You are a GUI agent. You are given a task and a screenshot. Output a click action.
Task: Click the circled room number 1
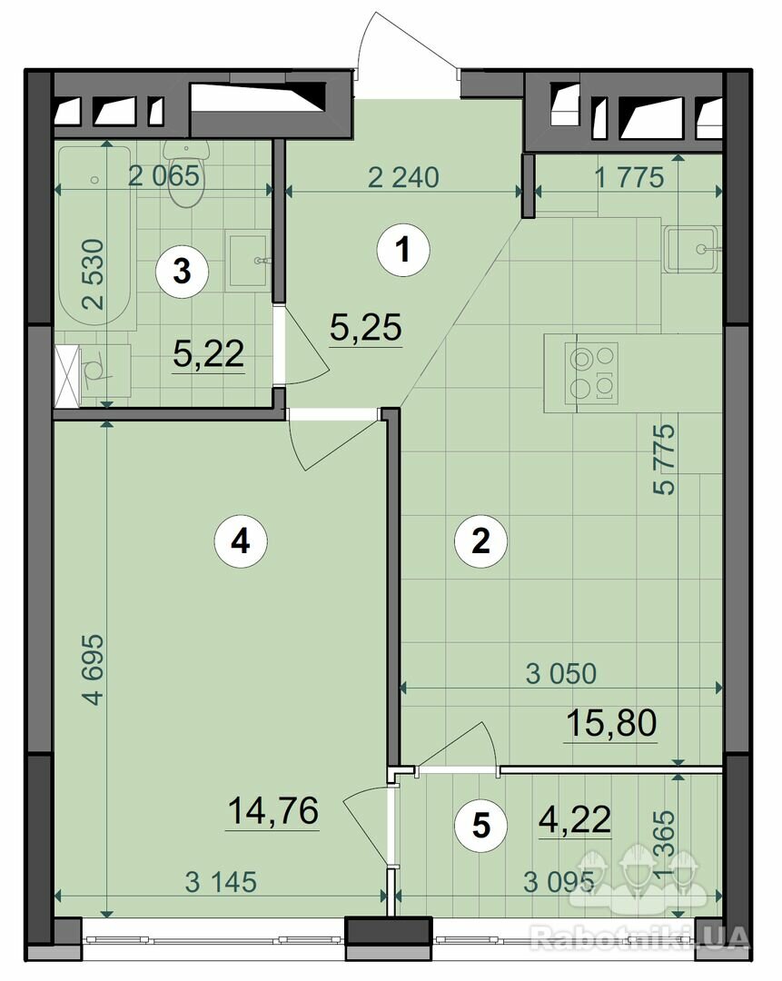[403, 251]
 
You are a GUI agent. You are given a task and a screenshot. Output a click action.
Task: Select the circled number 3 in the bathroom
[182, 272]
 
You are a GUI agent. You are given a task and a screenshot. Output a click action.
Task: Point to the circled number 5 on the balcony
[480, 825]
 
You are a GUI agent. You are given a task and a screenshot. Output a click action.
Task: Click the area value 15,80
[611, 723]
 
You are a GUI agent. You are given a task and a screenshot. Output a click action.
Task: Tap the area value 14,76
[272, 811]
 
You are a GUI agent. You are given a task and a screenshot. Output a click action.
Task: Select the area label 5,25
[365, 328]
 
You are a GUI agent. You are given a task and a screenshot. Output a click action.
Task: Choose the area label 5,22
[208, 355]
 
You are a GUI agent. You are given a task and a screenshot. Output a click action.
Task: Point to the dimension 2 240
[403, 178]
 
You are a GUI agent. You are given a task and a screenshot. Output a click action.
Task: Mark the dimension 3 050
[561, 674]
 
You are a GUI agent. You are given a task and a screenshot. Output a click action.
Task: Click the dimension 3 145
[221, 882]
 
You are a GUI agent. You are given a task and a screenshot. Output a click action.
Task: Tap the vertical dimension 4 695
[94, 669]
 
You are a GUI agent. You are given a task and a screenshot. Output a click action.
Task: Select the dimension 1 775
[629, 178]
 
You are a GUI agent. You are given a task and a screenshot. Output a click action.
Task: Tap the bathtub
[95, 238]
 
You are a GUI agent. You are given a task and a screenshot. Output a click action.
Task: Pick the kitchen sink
[693, 250]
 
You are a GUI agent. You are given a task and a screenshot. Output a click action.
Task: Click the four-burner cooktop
[591, 372]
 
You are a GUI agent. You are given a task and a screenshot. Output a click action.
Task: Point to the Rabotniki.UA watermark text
[639, 937]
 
